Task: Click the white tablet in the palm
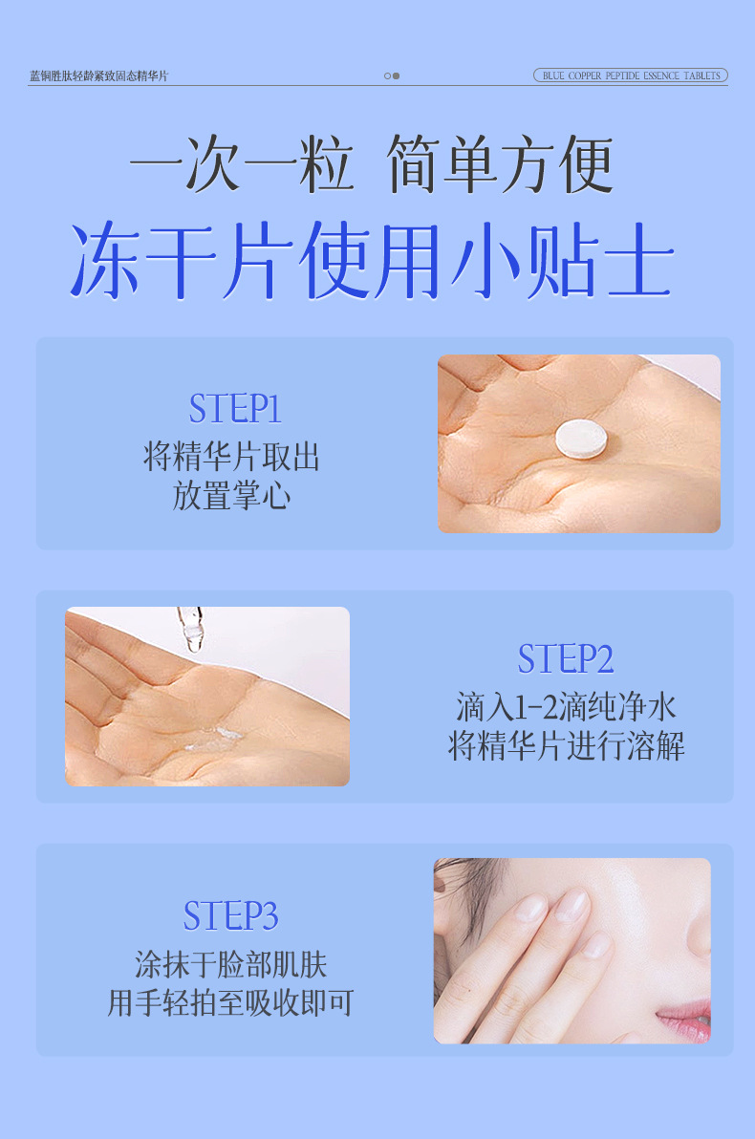pos(581,439)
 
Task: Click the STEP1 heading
pos(235,408)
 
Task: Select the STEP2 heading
pos(566,659)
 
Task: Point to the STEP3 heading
pos(230,915)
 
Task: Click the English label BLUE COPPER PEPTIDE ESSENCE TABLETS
pos(631,75)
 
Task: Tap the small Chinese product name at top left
pos(98,75)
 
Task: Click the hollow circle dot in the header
pos(387,75)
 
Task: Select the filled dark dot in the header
pos(396,75)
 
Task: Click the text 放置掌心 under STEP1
pos(232,496)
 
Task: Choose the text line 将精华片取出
pos(231,457)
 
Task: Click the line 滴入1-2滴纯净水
pos(566,707)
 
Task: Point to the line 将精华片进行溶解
pos(566,746)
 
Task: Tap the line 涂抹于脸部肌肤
pos(230,965)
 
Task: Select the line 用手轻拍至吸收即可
pos(230,1003)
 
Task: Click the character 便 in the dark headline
pos(585,163)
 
